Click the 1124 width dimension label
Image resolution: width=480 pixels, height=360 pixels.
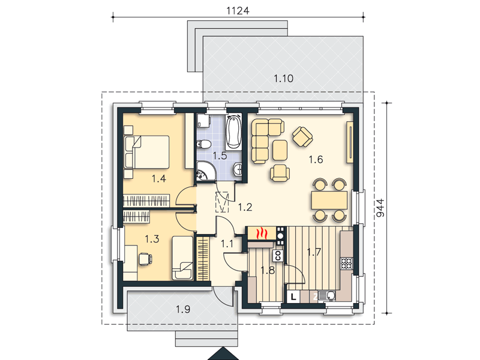[238, 11]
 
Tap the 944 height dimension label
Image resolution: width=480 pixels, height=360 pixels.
[380, 208]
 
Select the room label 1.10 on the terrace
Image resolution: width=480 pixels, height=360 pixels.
[283, 79]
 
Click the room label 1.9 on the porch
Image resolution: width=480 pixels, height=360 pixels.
[183, 309]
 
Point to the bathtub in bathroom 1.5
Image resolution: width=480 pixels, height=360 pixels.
[234, 131]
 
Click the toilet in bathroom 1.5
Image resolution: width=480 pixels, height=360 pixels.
[203, 143]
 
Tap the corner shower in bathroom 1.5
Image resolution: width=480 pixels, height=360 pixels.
[206, 172]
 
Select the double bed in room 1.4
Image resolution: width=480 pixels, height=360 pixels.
[147, 152]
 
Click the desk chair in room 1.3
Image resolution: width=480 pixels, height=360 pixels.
[145, 259]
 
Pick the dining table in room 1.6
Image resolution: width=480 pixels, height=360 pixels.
[329, 200]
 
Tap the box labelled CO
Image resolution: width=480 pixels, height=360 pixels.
[278, 256]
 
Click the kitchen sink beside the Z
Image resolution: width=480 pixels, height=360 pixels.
[327, 296]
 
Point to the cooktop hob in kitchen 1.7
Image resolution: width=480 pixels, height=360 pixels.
[347, 263]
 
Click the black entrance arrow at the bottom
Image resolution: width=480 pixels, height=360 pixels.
[223, 354]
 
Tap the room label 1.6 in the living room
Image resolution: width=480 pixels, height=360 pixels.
[316, 160]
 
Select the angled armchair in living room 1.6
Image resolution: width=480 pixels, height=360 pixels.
[302, 137]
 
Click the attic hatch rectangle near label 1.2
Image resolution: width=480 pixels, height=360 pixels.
[222, 202]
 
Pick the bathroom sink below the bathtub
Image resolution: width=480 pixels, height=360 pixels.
[238, 169]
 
